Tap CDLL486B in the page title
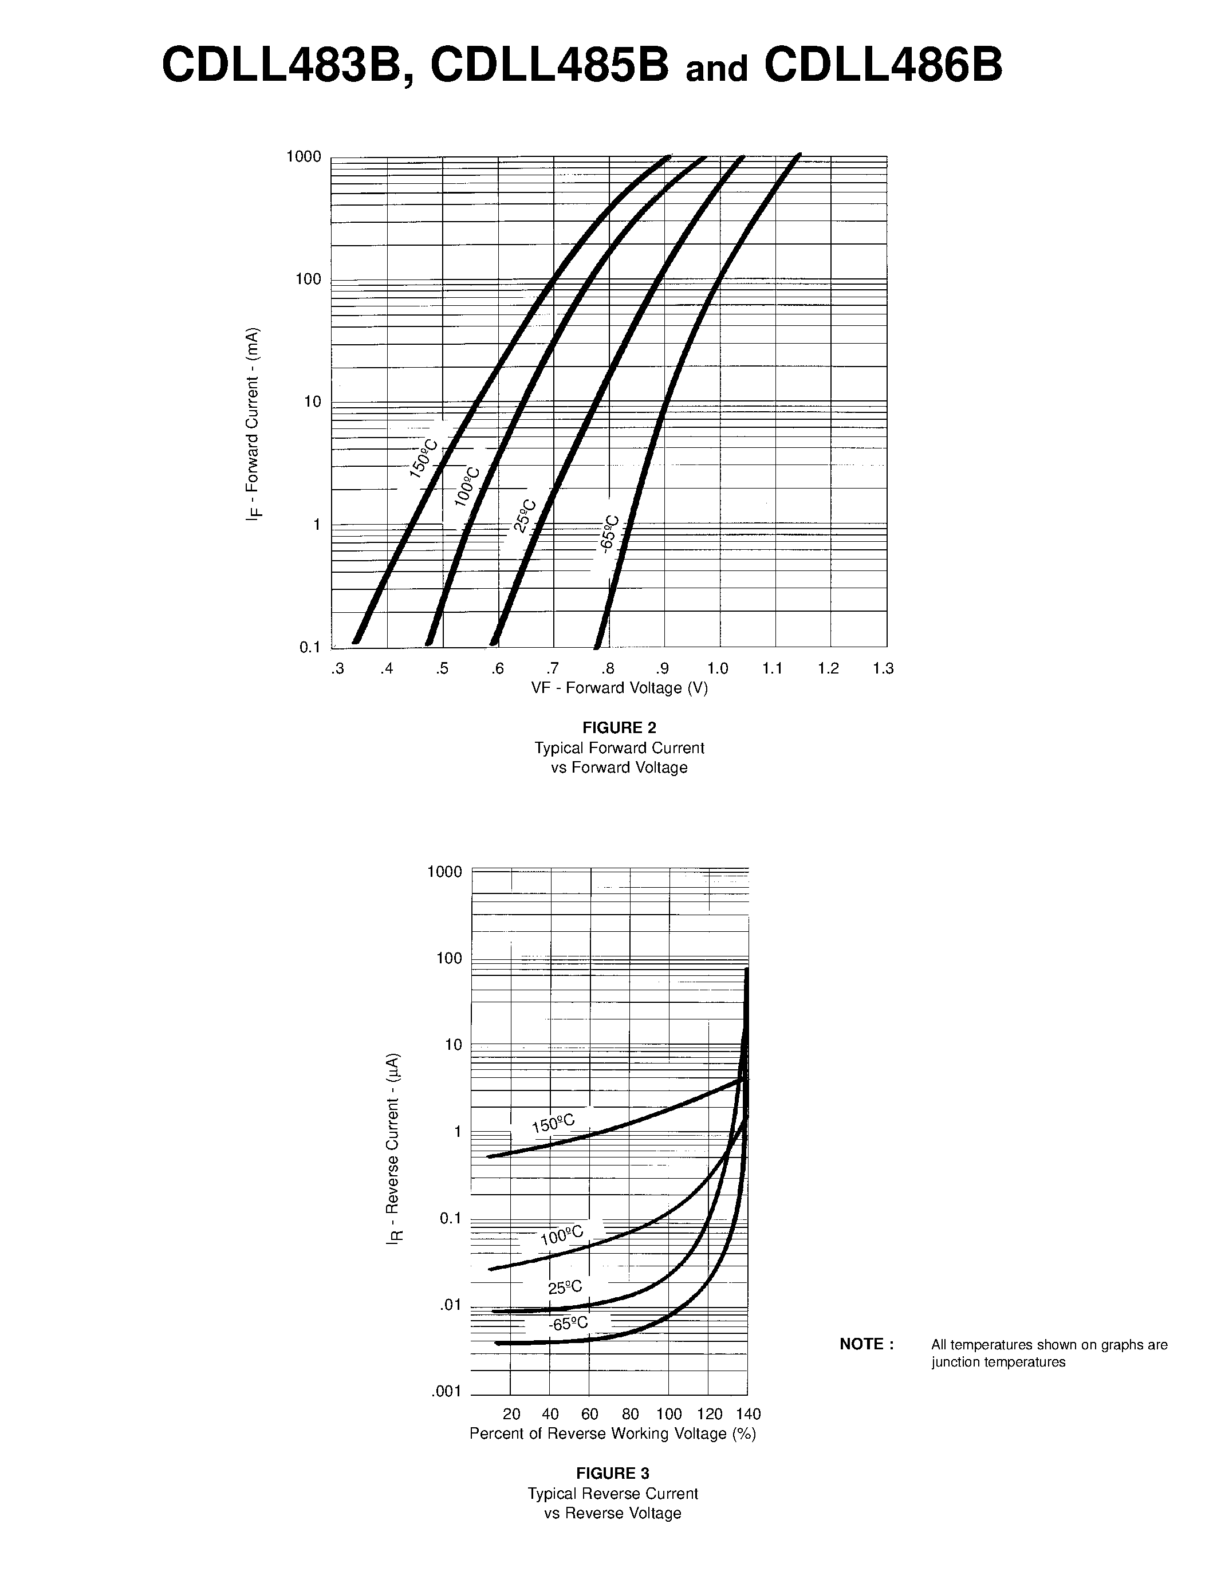coord(883,66)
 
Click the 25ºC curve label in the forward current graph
coord(525,515)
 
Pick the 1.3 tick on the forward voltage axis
coord(883,668)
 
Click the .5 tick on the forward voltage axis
coord(442,668)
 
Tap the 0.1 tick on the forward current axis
coord(310,647)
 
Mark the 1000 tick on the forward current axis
coord(304,156)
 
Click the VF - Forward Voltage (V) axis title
coord(619,688)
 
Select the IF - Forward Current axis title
coord(253,424)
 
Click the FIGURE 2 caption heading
coord(619,727)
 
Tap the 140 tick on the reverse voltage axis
coord(749,1413)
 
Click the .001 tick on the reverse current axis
coord(446,1391)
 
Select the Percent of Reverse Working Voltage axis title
coord(613,1434)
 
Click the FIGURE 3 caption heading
coord(613,1473)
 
